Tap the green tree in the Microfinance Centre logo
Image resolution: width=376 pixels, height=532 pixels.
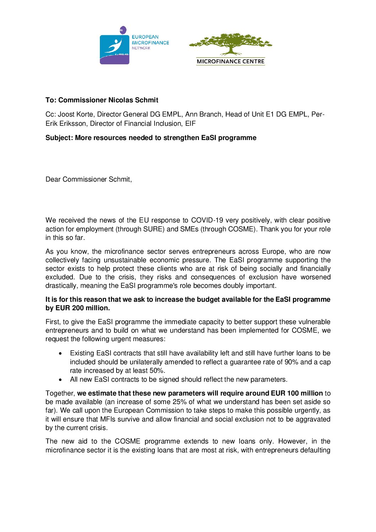pos(231,44)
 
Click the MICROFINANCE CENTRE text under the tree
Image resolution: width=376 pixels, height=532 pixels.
pos(231,61)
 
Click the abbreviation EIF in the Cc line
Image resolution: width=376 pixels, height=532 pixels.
pos(190,124)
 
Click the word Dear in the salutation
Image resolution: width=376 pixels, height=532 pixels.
pos(53,179)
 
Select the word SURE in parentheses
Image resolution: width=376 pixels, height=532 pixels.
pos(153,229)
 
